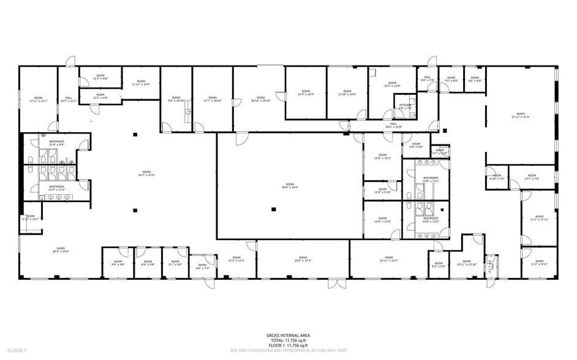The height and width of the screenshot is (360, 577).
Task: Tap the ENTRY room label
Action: (x=203, y=267)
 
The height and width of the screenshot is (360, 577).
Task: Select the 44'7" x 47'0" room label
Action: (x=146, y=173)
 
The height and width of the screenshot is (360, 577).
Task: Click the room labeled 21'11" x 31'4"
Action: (x=521, y=116)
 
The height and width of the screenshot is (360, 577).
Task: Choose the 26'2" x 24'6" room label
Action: (x=61, y=250)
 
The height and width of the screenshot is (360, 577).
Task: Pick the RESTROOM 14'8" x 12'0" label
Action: (x=431, y=219)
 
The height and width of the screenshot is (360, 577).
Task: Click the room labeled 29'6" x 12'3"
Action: (x=303, y=260)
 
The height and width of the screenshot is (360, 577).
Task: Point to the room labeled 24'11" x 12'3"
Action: (x=389, y=260)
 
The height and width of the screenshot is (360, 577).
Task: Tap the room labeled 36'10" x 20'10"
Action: (x=260, y=99)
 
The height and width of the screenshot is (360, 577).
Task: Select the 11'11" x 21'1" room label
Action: (x=39, y=100)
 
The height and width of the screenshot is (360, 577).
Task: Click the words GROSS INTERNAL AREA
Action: (x=288, y=336)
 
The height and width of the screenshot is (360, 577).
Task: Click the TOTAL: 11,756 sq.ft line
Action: (x=288, y=340)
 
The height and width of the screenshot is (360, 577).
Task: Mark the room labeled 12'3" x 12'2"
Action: (x=236, y=260)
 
